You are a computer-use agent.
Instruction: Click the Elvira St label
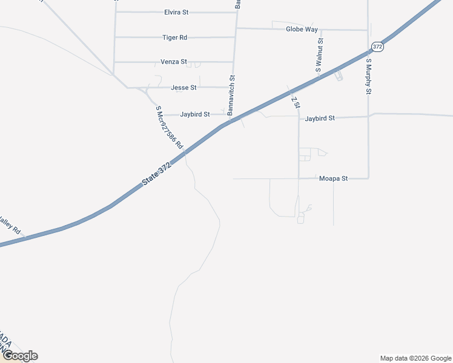tap(176, 12)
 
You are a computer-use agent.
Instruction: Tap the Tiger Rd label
tap(175, 38)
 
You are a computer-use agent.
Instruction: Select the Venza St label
tap(174, 62)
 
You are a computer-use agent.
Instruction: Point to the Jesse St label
tap(184, 88)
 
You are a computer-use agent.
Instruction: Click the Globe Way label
tap(302, 29)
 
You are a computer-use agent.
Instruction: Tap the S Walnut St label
tap(320, 56)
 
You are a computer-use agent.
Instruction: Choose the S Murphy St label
tap(368, 76)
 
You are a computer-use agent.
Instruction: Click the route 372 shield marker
tap(377, 47)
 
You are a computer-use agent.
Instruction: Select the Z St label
tap(295, 102)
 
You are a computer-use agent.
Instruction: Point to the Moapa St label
tap(333, 179)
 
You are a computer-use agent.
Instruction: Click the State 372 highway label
tap(157, 174)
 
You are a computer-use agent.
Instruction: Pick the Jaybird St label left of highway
tap(194, 114)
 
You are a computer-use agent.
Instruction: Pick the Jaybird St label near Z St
tap(320, 119)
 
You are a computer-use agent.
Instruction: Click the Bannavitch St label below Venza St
tap(232, 96)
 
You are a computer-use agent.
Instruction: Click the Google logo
tap(20, 356)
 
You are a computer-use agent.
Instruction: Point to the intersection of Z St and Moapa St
tap(299, 178)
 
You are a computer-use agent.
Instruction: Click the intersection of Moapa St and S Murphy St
tap(369, 178)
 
